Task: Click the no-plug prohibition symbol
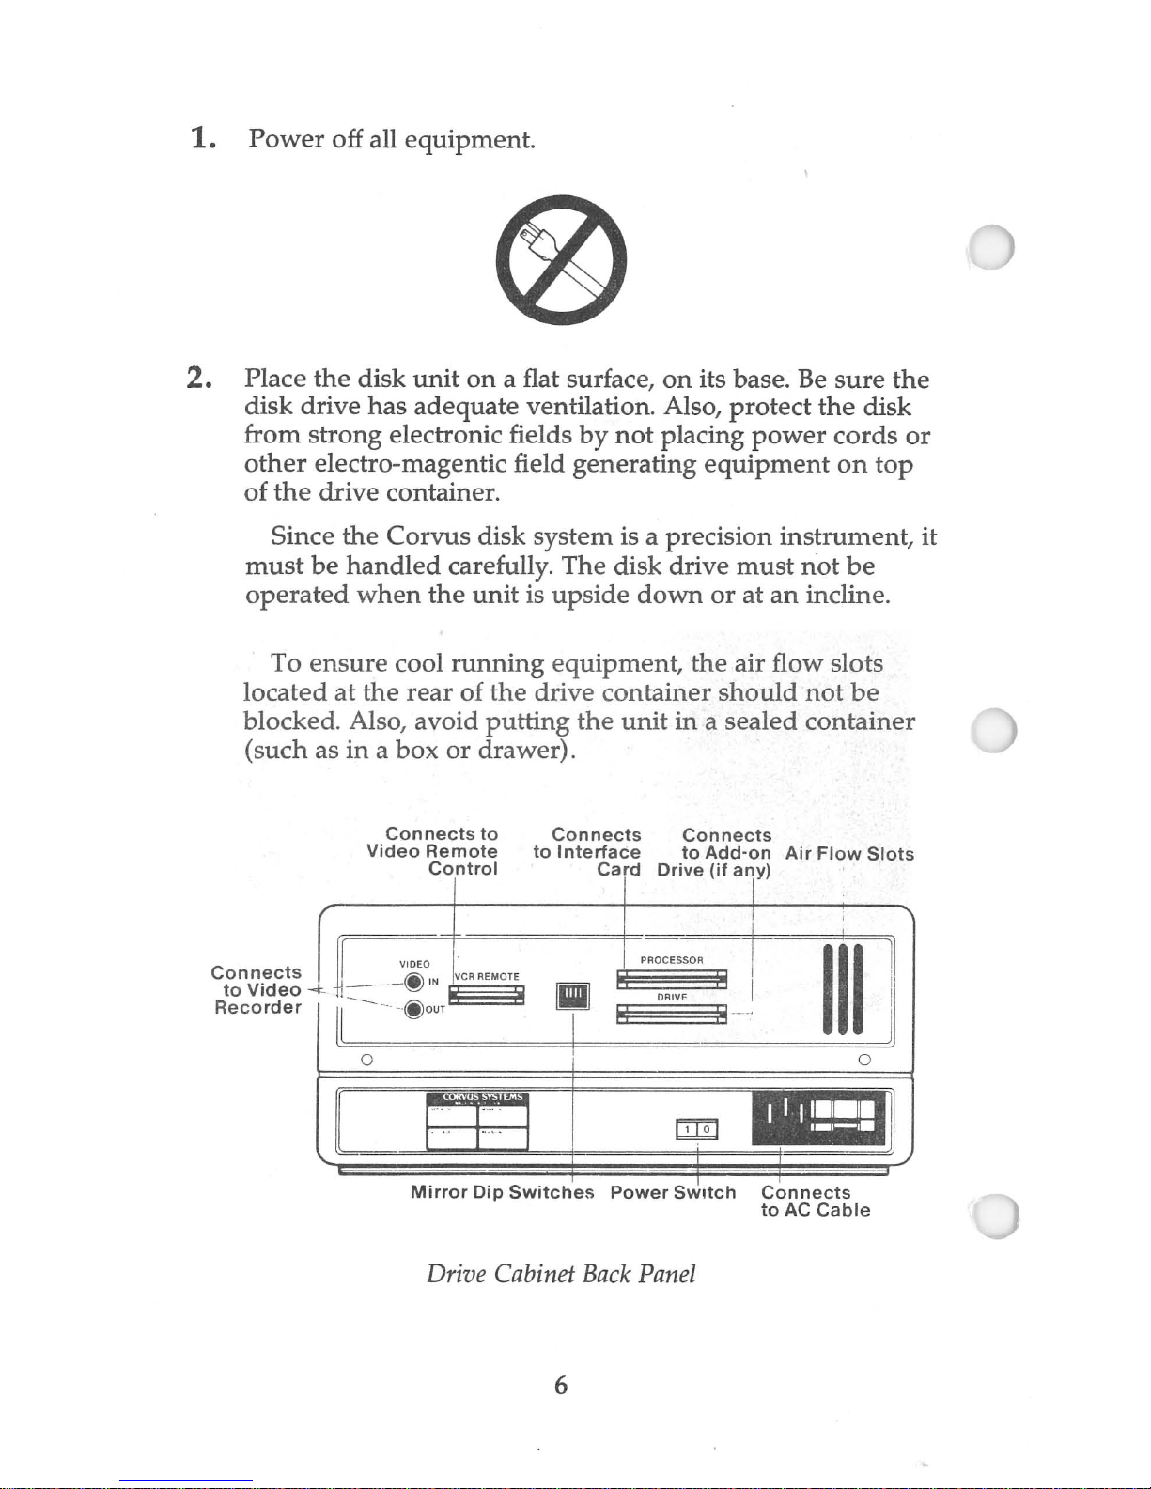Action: tap(560, 259)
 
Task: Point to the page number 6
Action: tap(560, 1385)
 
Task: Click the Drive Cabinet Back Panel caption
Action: tap(561, 1274)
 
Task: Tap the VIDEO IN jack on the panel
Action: tap(412, 983)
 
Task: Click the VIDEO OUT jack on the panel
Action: tap(412, 1010)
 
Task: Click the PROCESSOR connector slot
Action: tap(671, 979)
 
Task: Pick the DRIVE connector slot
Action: tap(671, 1014)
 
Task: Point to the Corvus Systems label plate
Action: tap(477, 1120)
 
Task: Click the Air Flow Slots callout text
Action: tap(849, 854)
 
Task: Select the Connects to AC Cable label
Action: tap(815, 1201)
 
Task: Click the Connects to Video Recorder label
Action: tap(257, 989)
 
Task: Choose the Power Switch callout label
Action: tap(673, 1192)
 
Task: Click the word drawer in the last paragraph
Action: tap(520, 750)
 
